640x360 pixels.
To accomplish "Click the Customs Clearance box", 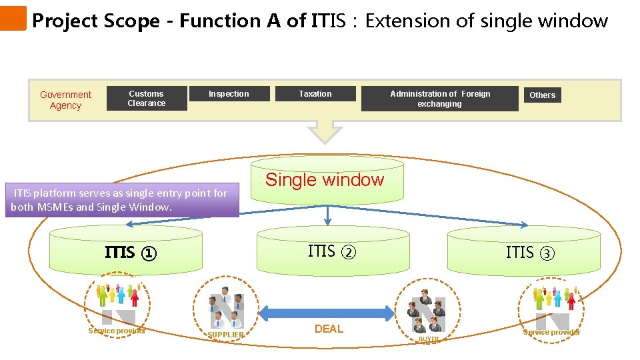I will click(147, 99).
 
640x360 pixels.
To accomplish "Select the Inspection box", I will click(229, 94).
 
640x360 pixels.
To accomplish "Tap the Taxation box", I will click(315, 94).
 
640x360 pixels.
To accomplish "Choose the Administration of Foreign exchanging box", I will click(439, 99).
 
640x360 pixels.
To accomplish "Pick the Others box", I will click(542, 95).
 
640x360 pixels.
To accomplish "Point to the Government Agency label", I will click(65, 100).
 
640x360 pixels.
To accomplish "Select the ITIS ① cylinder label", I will click(131, 253).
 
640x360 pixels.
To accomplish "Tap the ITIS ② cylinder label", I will click(332, 252).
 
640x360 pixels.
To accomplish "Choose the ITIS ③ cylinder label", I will click(530, 253).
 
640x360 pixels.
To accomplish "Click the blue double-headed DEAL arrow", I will click(327, 313).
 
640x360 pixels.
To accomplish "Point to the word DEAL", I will click(329, 329).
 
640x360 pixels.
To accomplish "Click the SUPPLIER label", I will click(226, 335).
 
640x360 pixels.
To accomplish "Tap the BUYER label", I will click(429, 339).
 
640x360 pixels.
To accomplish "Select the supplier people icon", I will click(226, 308).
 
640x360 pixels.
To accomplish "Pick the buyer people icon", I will click(428, 313).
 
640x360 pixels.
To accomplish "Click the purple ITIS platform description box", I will click(125, 200).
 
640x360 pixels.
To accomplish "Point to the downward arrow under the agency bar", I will click(325, 131).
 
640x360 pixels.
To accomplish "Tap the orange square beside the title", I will click(13, 19).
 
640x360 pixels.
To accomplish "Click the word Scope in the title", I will click(131, 21).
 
